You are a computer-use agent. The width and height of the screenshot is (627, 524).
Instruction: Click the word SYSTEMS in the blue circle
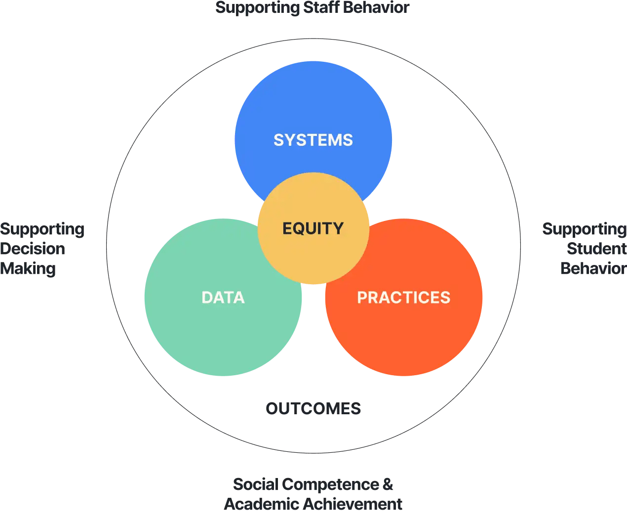(313, 140)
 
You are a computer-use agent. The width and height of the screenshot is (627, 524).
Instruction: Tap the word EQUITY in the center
(313, 228)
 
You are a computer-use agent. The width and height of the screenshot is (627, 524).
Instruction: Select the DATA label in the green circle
(223, 298)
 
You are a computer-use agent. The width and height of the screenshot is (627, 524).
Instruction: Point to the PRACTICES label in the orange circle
(403, 298)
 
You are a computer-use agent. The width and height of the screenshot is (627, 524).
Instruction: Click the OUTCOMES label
(313, 409)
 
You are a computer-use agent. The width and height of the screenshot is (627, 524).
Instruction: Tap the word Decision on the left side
(33, 249)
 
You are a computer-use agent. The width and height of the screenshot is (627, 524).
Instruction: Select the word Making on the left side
(28, 269)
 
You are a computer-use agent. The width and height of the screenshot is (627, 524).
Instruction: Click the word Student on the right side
(596, 249)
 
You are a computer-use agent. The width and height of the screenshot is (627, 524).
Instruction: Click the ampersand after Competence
(388, 484)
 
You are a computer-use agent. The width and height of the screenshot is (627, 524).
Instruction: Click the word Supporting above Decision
(42, 229)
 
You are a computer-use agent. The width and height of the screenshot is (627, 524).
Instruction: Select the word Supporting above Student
(585, 229)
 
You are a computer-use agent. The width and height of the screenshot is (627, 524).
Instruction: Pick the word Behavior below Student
(593, 268)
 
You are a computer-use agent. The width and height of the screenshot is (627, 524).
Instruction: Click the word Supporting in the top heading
(258, 8)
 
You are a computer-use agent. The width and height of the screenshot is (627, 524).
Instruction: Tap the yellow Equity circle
(313, 257)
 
